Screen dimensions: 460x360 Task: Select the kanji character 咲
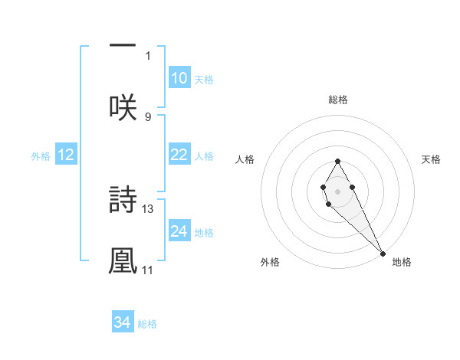click(123, 107)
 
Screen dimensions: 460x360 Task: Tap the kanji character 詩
click(123, 201)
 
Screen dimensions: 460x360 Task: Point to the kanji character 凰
click(123, 260)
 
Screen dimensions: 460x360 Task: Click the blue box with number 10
click(179, 78)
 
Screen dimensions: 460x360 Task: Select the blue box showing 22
click(179, 155)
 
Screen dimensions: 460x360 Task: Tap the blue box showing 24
click(179, 231)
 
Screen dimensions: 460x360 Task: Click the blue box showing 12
click(66, 155)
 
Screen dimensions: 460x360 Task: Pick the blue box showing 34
click(123, 323)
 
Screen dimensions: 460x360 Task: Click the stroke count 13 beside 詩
click(148, 208)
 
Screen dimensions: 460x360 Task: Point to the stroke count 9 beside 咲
click(148, 116)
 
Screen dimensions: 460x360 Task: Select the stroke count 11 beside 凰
click(148, 270)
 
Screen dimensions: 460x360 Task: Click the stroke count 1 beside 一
click(148, 55)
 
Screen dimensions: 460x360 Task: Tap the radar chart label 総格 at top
click(337, 100)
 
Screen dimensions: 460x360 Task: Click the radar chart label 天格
click(431, 159)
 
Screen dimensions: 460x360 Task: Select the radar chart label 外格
click(270, 262)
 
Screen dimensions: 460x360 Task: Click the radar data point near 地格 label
click(383, 253)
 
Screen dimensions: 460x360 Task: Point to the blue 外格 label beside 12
click(41, 156)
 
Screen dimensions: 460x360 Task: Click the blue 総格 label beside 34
click(147, 324)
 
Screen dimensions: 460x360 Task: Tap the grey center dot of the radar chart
click(337, 190)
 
